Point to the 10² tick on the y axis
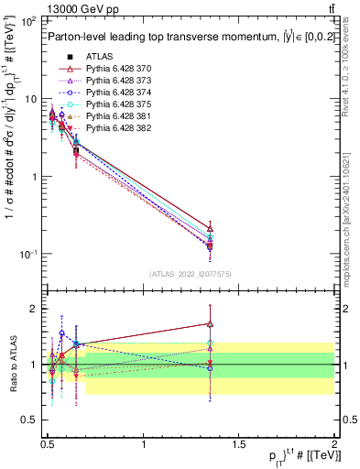27,21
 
